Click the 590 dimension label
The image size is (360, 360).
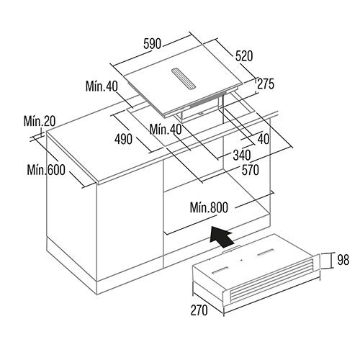click(152, 44)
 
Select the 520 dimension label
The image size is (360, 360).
click(244, 56)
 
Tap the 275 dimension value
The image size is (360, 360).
click(266, 84)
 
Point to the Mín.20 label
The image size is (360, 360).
click(40, 121)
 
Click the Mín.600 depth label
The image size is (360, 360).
click(46, 170)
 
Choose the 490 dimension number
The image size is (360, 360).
click(123, 139)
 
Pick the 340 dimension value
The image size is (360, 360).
click(242, 155)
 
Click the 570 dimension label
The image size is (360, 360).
click(251, 170)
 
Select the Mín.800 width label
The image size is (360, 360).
click(209, 207)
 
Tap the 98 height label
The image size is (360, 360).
click(343, 260)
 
